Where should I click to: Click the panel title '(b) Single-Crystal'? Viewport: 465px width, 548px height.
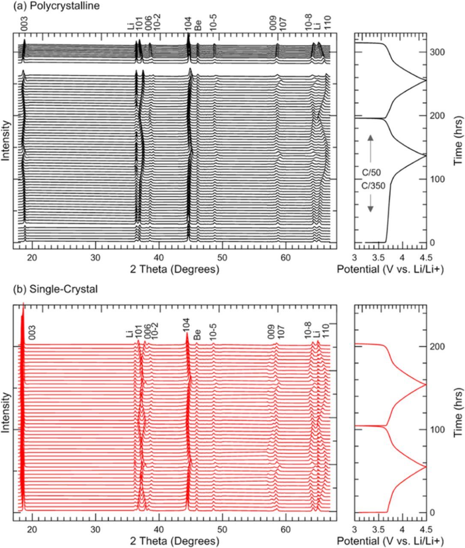pos(49,289)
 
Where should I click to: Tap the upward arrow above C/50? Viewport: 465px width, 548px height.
pos(371,150)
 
